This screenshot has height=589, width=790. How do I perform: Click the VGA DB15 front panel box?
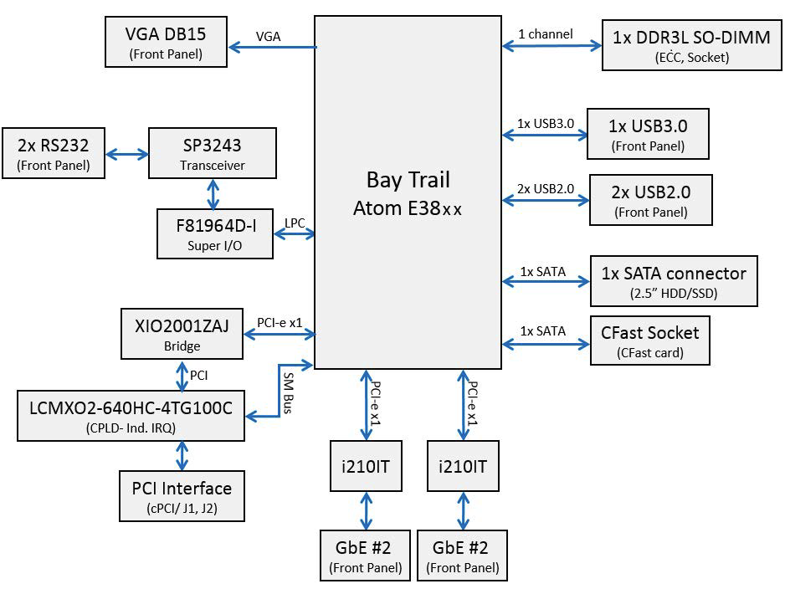click(166, 43)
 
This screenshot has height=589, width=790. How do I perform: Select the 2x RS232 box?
click(54, 153)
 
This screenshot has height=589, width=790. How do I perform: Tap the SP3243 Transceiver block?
click(213, 153)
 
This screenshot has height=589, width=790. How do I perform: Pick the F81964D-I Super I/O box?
click(215, 233)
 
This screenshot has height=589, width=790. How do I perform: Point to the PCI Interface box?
click(182, 495)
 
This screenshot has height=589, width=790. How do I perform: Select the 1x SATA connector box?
click(674, 281)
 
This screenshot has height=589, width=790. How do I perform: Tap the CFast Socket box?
click(649, 341)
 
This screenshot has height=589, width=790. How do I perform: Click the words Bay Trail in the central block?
click(408, 180)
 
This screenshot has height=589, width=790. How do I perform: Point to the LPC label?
click(295, 223)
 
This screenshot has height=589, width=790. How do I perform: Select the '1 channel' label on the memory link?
click(546, 34)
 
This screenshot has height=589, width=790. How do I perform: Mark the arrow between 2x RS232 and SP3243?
click(128, 154)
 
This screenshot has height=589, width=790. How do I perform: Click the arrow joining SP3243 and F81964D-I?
click(214, 193)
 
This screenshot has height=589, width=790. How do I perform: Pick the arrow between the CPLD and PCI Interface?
click(181, 456)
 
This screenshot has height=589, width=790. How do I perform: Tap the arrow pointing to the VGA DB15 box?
click(271, 47)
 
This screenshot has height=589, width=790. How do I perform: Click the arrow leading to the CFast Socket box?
click(546, 343)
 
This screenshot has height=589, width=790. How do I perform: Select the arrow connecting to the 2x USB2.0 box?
click(546, 200)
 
